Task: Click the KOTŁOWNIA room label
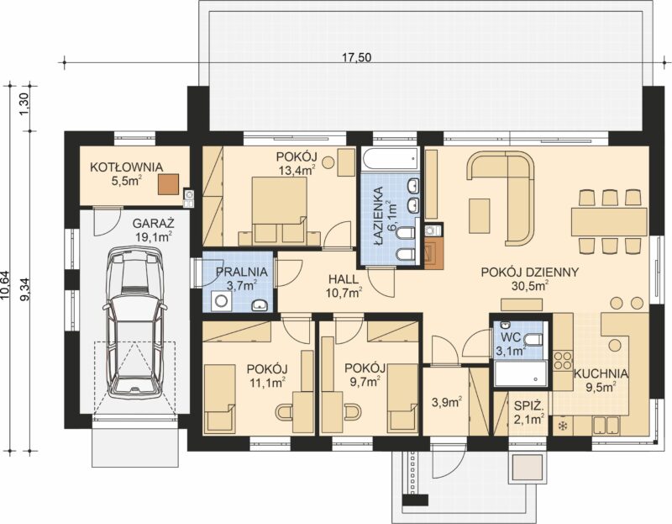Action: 126,167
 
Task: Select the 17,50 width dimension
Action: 356,57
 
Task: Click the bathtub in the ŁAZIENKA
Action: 390,159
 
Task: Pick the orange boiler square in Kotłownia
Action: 169,184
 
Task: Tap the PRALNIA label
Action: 242,272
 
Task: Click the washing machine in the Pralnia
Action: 221,300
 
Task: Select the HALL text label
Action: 344,279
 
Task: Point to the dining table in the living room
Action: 609,221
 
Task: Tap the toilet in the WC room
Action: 533,341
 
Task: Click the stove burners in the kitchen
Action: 563,361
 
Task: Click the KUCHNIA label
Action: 601,373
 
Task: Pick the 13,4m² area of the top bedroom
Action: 297,170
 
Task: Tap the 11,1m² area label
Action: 267,383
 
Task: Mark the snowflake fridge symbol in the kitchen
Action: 562,426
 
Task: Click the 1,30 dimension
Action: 24,103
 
